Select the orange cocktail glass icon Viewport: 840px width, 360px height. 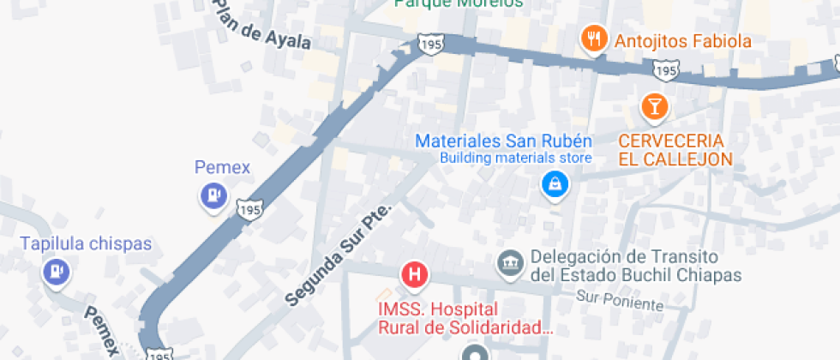coord(654,105)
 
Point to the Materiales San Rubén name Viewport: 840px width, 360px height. coord(503,141)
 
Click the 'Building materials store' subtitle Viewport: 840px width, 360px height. coord(516,158)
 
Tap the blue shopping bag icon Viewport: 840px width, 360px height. coord(555,183)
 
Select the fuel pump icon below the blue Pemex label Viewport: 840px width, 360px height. coord(212,196)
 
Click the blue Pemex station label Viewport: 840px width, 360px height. coord(222,167)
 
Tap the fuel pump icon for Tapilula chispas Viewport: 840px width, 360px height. coord(56,272)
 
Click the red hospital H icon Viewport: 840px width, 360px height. coord(415,275)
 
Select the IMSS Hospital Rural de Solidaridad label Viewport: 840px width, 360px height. coord(464,317)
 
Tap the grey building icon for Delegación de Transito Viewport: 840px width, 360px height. coord(511,263)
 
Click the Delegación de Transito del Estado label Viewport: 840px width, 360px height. coord(635,266)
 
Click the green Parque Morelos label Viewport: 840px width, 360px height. coord(459,3)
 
